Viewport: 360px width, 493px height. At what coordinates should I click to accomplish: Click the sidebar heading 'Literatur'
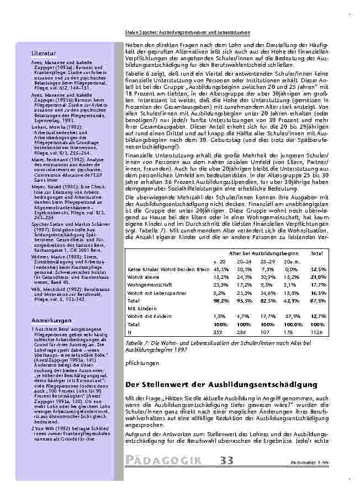click(x=43, y=53)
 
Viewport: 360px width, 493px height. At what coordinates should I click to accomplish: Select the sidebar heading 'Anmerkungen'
click(x=51, y=320)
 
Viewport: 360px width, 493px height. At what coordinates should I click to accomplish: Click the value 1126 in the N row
click(x=316, y=333)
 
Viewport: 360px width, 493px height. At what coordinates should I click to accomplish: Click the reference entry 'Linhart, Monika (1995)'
click(x=51, y=126)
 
